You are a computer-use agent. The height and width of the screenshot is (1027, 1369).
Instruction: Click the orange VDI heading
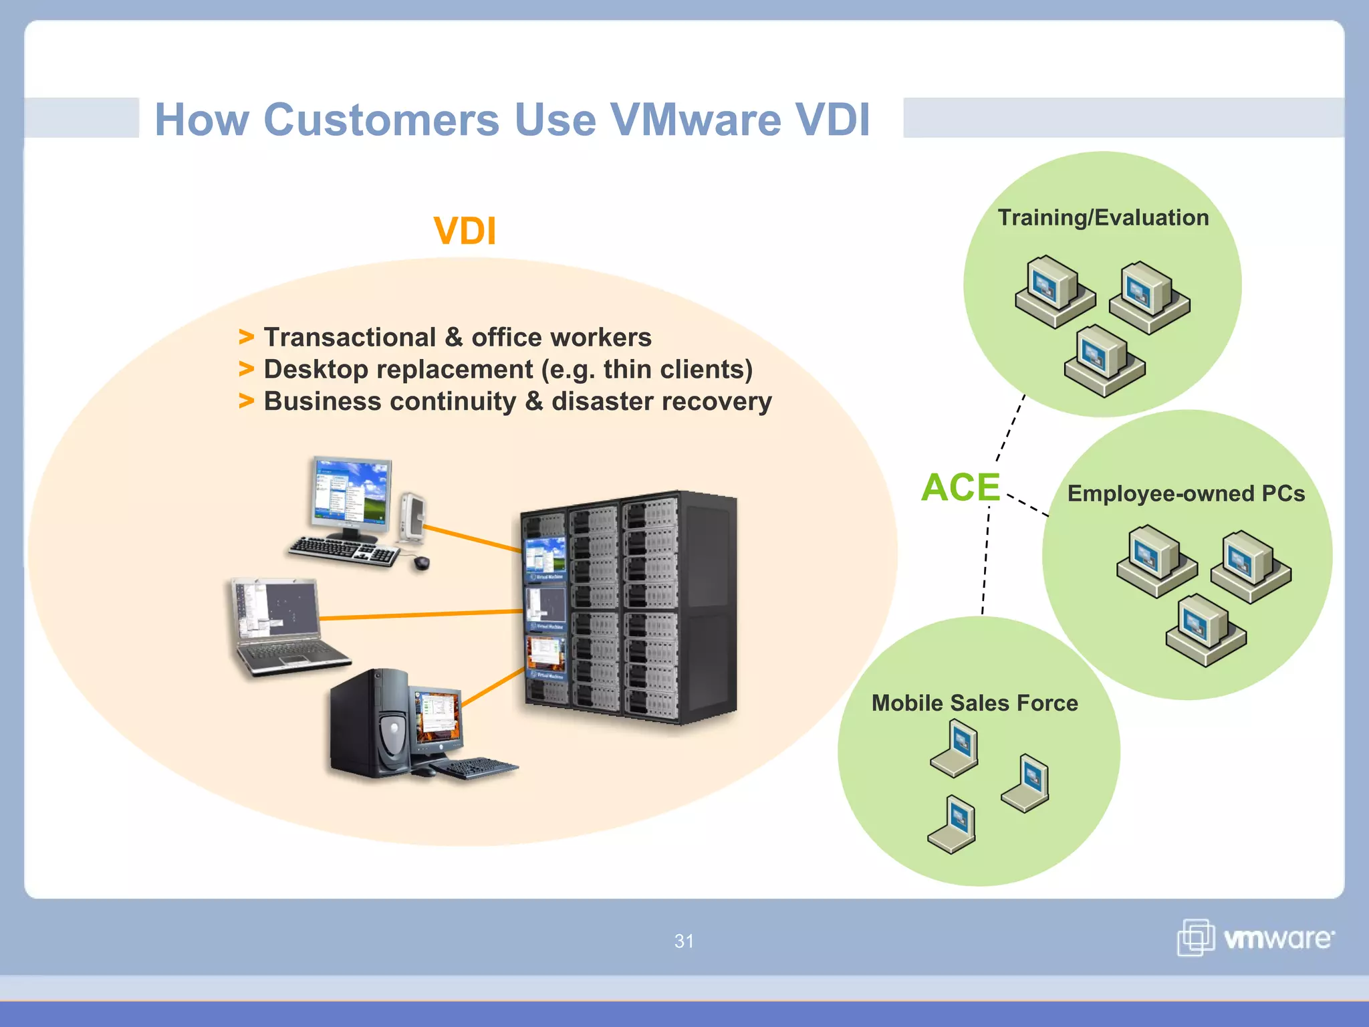point(465,231)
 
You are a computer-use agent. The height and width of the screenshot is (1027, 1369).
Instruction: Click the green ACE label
point(960,487)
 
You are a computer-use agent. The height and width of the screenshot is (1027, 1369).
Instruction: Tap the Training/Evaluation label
point(1103,218)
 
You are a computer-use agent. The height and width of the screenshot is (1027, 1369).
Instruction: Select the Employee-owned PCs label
point(1185,493)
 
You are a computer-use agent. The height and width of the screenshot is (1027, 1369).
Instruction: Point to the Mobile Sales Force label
point(974,703)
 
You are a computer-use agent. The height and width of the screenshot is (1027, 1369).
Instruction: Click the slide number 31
point(684,941)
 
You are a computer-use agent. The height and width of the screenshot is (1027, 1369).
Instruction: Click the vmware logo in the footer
point(1256,938)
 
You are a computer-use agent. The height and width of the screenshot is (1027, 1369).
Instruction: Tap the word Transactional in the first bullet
point(350,338)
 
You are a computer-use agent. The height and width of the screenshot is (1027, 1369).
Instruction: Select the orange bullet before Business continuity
point(247,401)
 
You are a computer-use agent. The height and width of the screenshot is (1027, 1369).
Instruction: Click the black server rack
point(628,608)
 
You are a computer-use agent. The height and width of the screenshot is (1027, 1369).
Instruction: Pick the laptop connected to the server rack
point(284,629)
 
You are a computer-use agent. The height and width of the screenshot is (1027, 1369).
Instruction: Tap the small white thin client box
point(413,516)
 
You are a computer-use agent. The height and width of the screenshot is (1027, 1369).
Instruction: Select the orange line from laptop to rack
point(421,614)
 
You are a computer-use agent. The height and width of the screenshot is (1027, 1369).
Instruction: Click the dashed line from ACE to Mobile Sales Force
point(985,562)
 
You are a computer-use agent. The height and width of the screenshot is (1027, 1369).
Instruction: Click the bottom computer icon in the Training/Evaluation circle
point(1104,361)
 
